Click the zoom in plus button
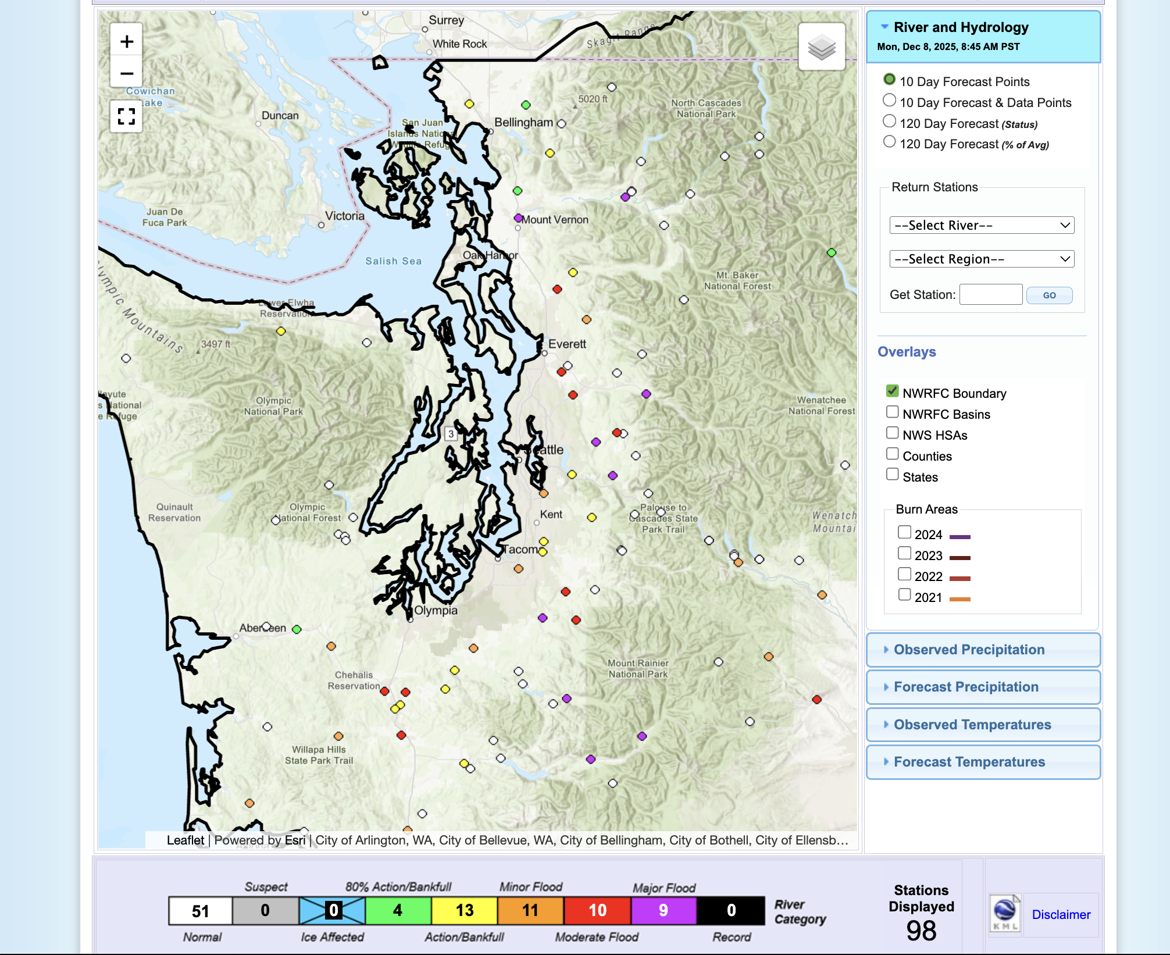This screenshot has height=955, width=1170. (126, 41)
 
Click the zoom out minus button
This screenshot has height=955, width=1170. (126, 73)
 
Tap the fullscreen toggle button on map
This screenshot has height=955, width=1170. (126, 116)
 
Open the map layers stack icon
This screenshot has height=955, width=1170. (821, 47)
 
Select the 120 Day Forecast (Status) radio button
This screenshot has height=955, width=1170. (889, 122)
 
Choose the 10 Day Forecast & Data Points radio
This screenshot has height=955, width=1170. (889, 101)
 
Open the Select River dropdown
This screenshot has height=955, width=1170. (981, 225)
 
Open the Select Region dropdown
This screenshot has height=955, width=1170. (981, 259)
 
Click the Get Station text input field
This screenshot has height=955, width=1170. (990, 294)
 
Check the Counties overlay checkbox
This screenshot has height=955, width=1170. (892, 454)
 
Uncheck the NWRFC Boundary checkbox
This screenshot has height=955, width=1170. (892, 391)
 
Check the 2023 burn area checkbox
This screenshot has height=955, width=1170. (904, 553)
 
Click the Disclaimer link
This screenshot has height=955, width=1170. (1061, 914)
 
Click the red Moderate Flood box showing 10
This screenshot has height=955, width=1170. (597, 911)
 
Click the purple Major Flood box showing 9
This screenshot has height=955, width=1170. (664, 911)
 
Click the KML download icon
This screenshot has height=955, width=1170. (1005, 914)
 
